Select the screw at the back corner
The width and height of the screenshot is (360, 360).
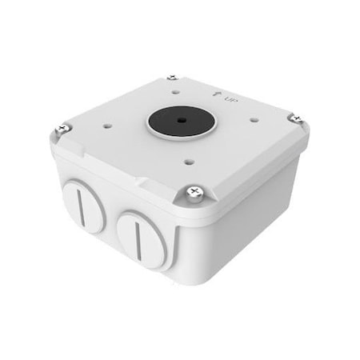pyautogui.click(x=172, y=77)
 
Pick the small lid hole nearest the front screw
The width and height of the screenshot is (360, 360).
pyautogui.click(x=188, y=161)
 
